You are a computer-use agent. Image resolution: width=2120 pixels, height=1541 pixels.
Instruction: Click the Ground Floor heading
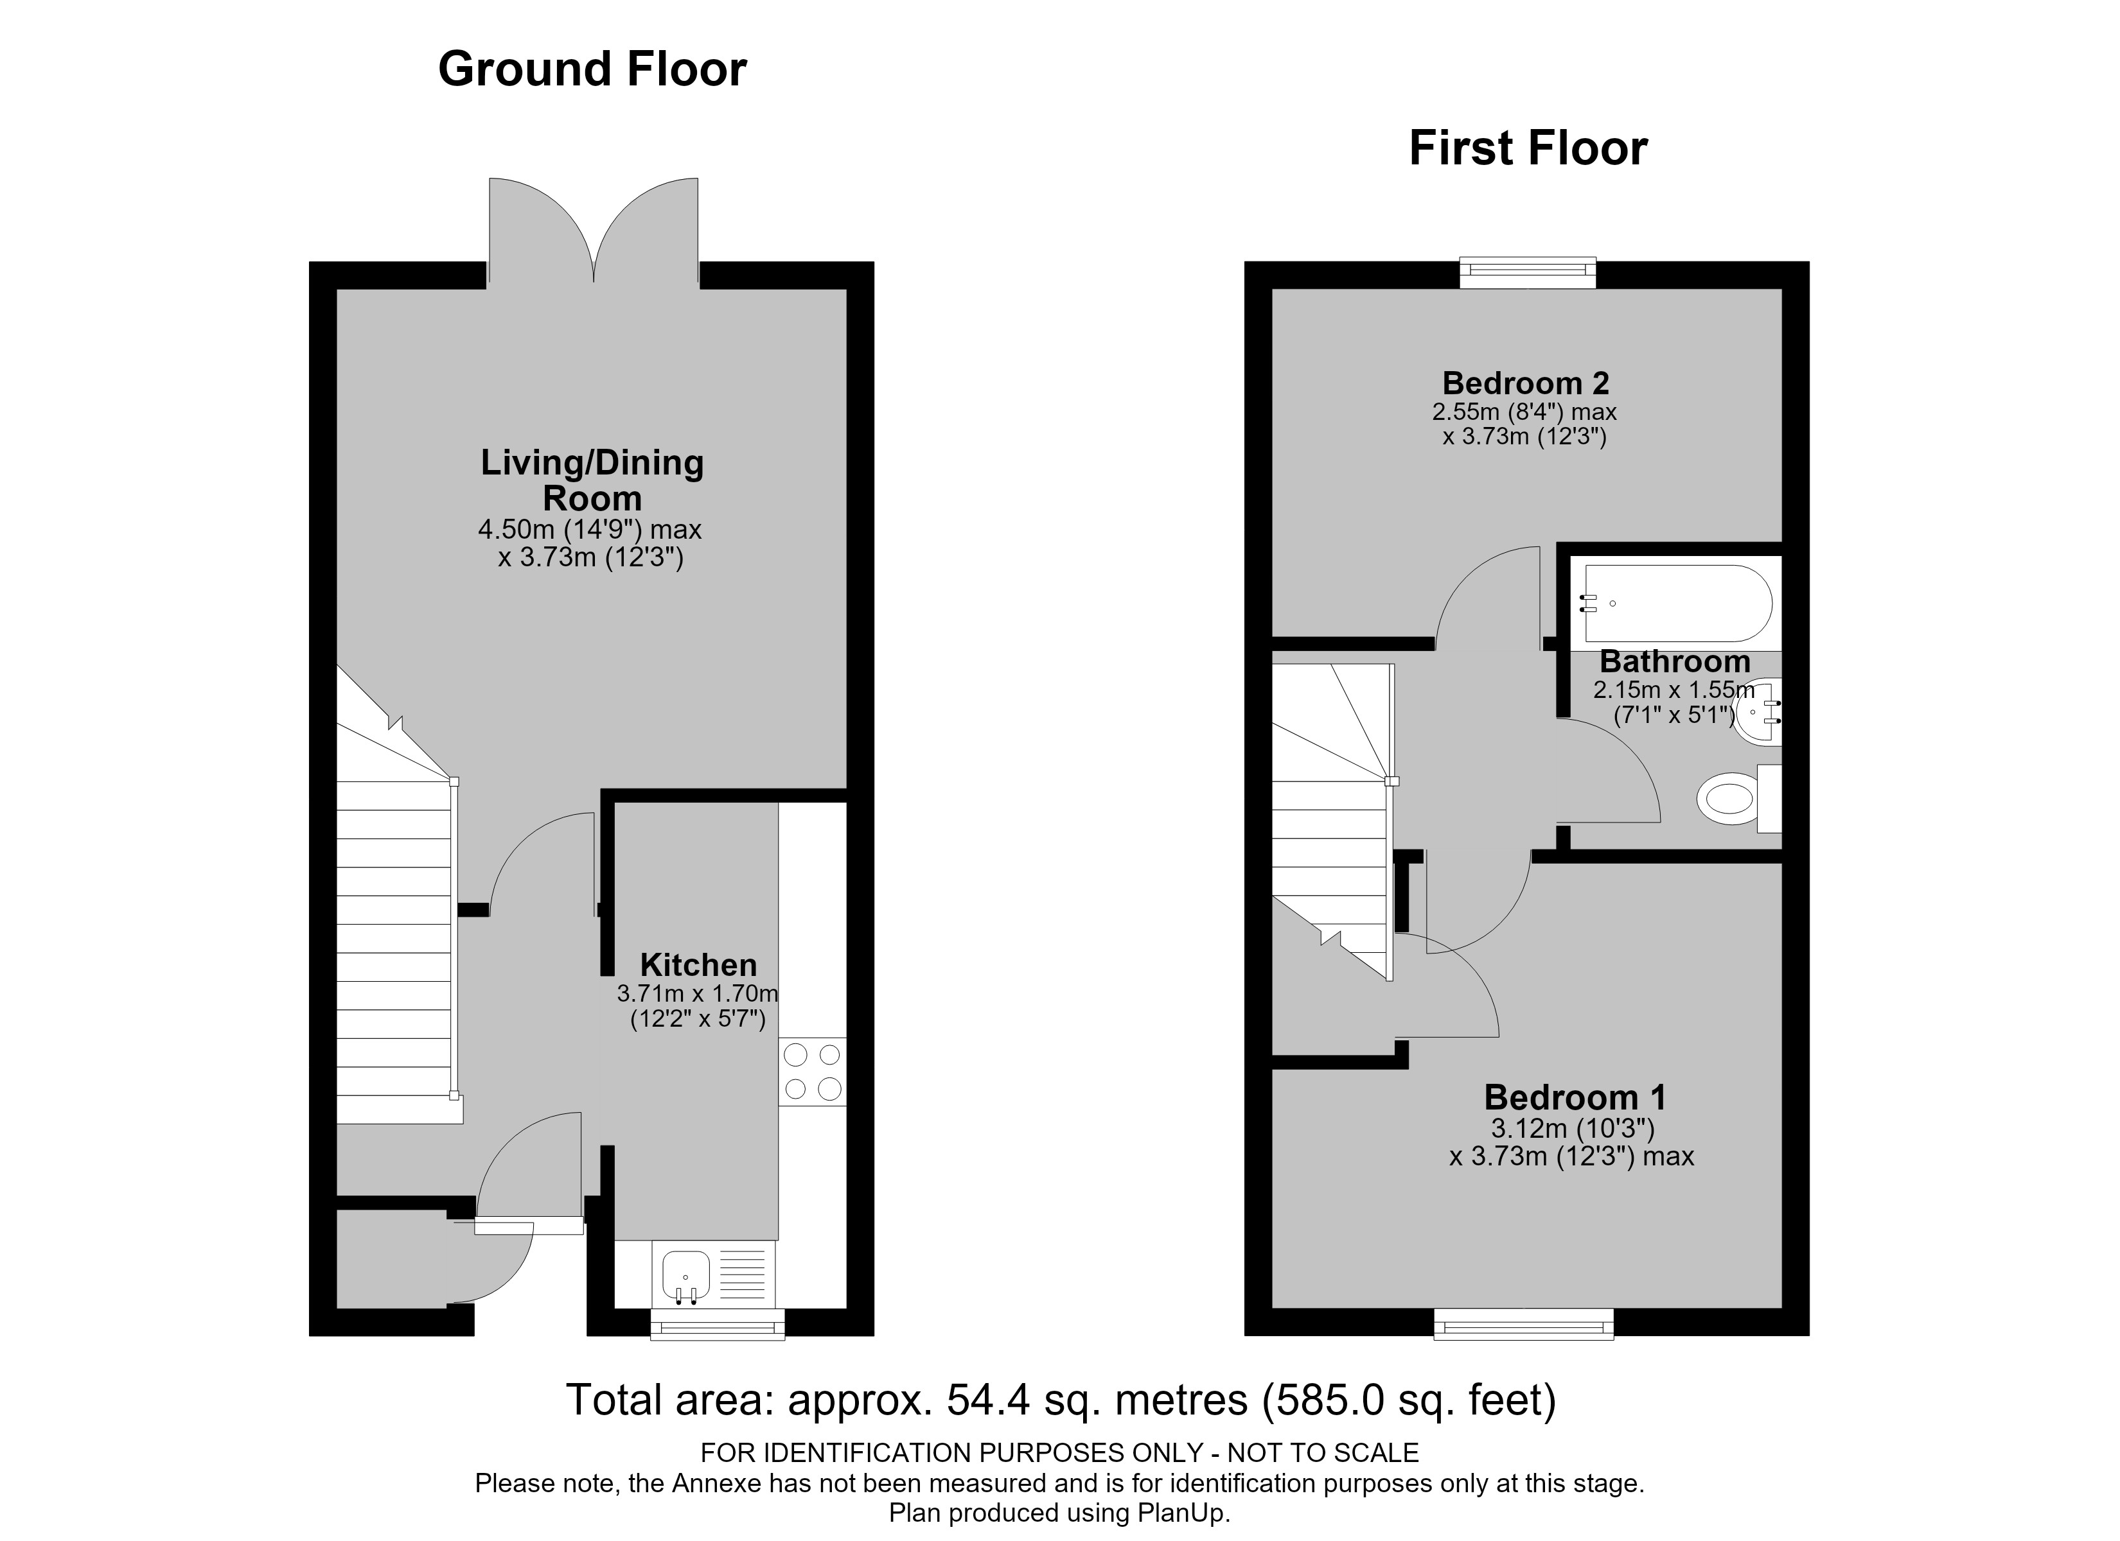pyautogui.click(x=592, y=69)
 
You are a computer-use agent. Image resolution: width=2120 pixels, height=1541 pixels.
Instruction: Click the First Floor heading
pyautogui.click(x=1528, y=148)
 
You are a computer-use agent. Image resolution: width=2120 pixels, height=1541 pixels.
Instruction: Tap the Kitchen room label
pyautogui.click(x=698, y=964)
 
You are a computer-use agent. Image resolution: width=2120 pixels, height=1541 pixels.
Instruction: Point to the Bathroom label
pyautogui.click(x=1675, y=661)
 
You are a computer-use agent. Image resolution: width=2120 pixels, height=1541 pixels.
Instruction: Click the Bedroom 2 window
pyautogui.click(x=1528, y=272)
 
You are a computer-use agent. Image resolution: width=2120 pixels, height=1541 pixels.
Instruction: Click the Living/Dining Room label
pyautogui.click(x=592, y=480)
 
